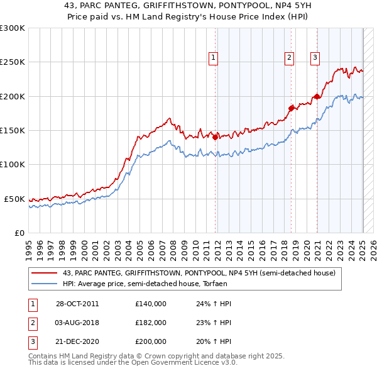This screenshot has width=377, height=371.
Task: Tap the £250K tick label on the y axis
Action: click(13, 62)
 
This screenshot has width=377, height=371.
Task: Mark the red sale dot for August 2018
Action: click(291, 108)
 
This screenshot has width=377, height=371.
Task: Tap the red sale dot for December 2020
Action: click(317, 96)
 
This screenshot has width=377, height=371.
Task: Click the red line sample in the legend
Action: click(45, 273)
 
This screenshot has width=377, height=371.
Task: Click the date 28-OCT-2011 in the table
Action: click(77, 304)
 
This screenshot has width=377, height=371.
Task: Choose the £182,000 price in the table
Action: click(151, 323)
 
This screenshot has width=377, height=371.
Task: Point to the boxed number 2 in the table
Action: click(31, 323)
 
